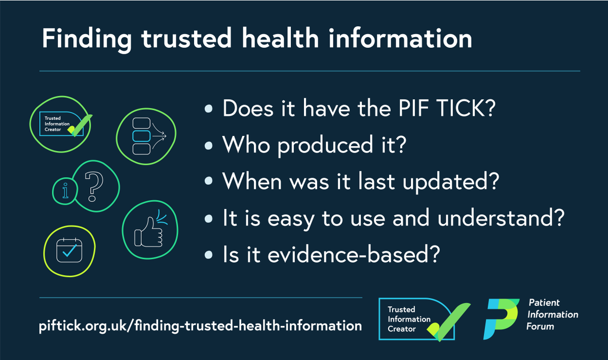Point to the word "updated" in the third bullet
[x=440, y=181]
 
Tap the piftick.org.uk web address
[x=201, y=326]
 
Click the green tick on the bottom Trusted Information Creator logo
[x=449, y=319]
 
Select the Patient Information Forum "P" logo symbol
[x=501, y=318]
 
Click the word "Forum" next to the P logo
[x=541, y=326]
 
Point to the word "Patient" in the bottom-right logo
[x=544, y=303]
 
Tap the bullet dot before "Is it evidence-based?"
[x=209, y=255]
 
